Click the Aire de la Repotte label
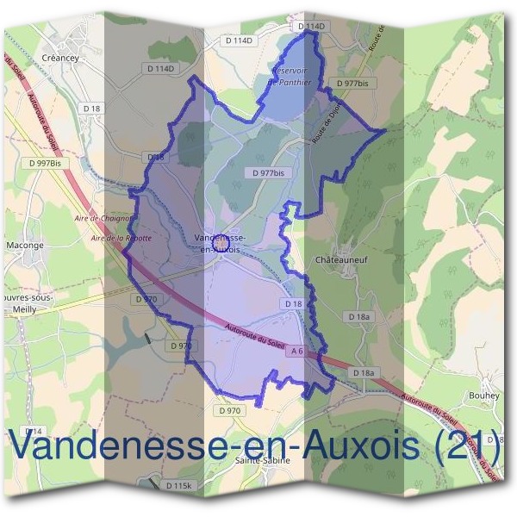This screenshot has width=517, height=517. (x=121, y=236)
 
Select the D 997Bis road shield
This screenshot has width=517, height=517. (x=45, y=162)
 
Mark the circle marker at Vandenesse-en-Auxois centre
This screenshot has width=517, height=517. (x=220, y=244)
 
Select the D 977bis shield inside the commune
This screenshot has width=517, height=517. (x=269, y=172)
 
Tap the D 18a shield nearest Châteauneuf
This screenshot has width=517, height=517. (x=359, y=317)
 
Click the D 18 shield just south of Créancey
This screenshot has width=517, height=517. (x=92, y=107)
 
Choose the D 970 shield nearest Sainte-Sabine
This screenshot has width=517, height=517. (x=230, y=411)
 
